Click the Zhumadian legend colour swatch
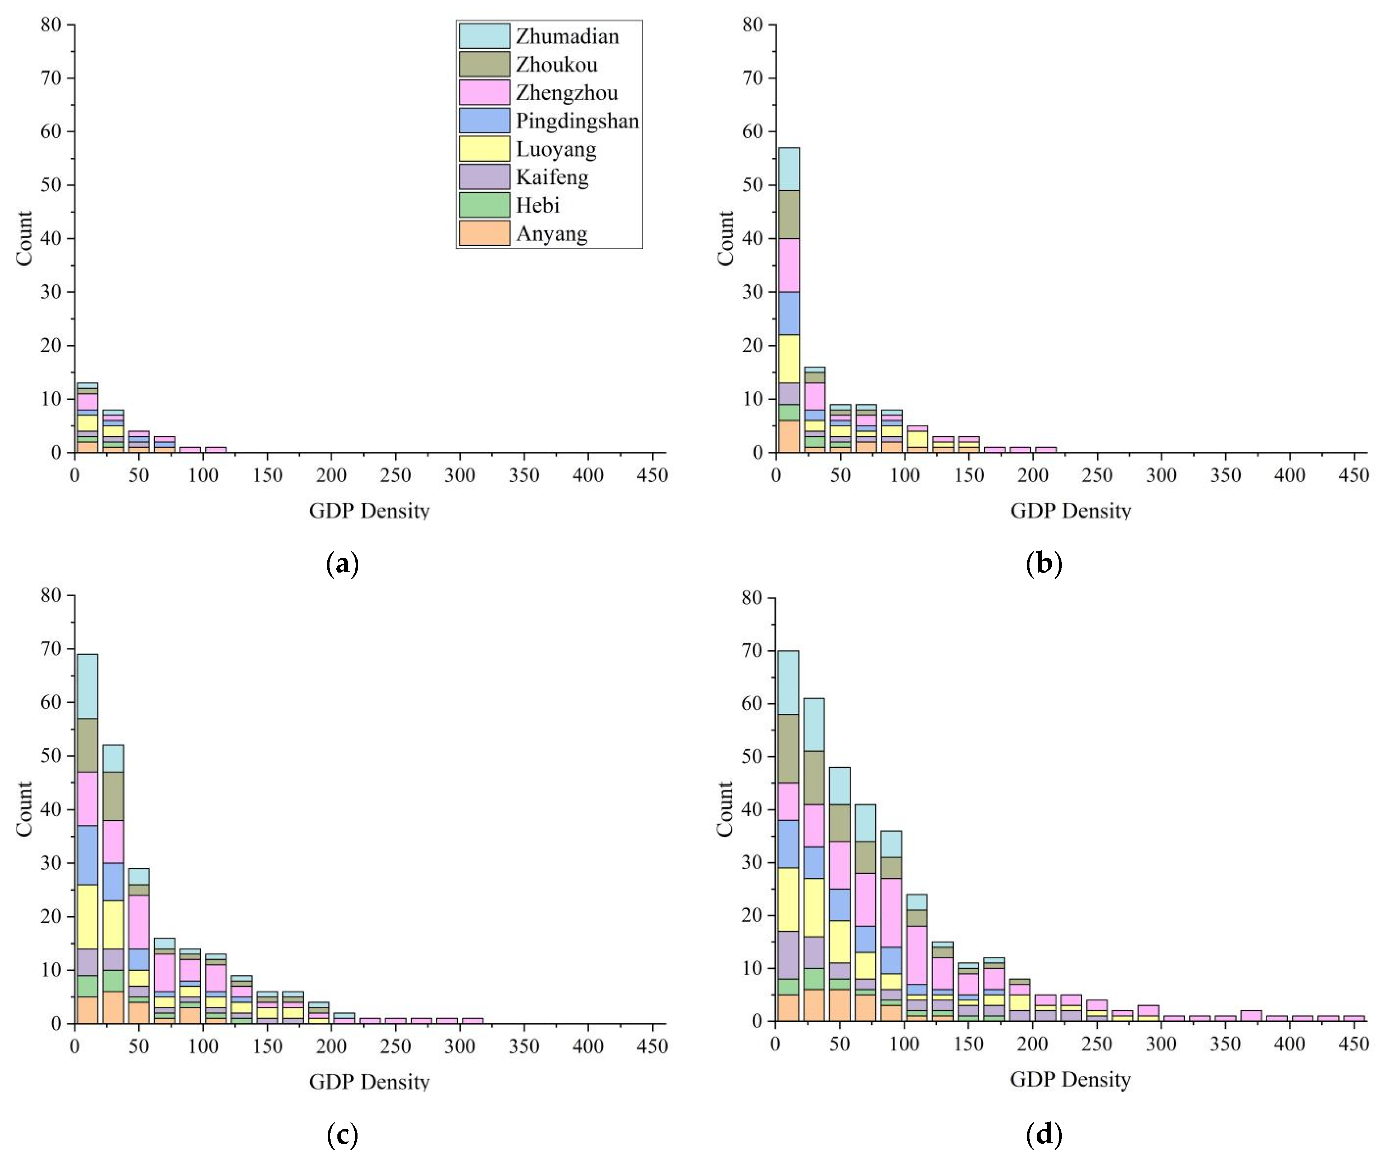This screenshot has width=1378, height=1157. tap(484, 36)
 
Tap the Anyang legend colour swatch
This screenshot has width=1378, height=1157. tap(484, 234)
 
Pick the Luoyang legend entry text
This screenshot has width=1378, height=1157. tap(556, 149)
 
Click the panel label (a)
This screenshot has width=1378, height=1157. tap(342, 564)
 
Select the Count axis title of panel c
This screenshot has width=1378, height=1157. tap(24, 808)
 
